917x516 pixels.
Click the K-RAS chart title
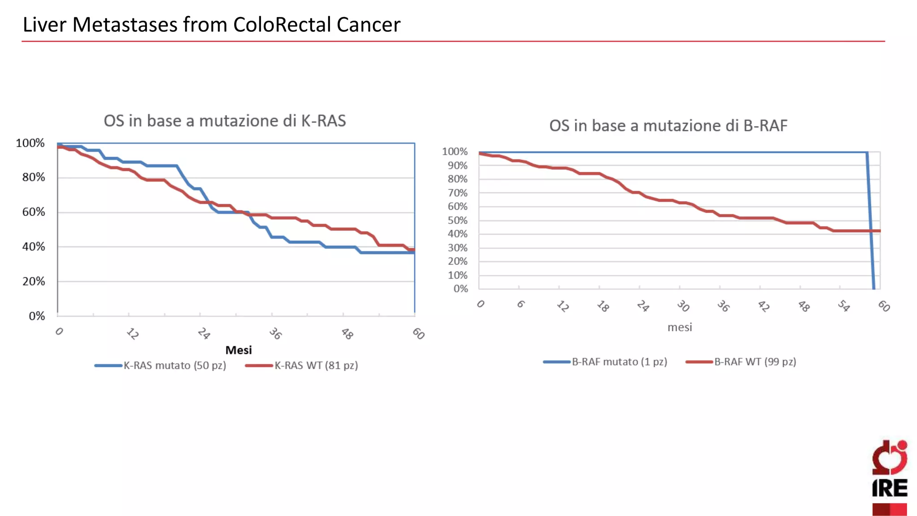(x=225, y=121)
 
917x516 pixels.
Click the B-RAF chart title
(x=668, y=126)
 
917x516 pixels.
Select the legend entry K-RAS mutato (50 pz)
(x=174, y=365)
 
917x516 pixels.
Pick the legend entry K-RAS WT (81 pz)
(x=316, y=365)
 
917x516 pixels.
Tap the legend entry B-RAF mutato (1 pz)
(x=619, y=362)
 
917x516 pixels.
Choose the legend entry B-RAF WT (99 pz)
(x=755, y=362)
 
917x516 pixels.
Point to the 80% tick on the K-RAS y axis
(x=34, y=177)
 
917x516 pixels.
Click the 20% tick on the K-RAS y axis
(x=34, y=282)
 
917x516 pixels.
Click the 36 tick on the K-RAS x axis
(x=275, y=334)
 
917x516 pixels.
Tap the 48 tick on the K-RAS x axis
(x=347, y=334)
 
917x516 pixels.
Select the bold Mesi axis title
(x=238, y=350)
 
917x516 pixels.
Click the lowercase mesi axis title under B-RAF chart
(x=680, y=327)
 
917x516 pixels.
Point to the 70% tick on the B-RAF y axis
(x=458, y=193)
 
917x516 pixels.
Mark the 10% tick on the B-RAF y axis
(x=458, y=275)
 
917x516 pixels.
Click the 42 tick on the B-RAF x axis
(x=763, y=306)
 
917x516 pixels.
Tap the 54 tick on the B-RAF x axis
(x=844, y=306)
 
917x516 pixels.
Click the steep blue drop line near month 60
(x=871, y=224)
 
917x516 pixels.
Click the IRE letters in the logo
(x=890, y=488)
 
